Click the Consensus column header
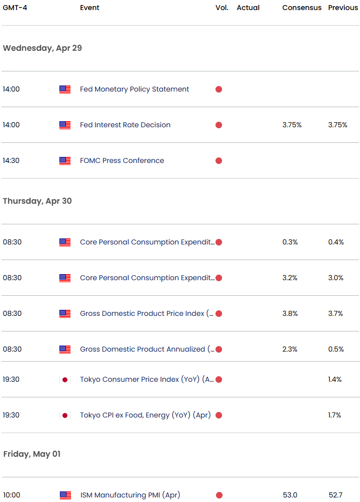[302, 8]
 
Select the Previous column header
[343, 8]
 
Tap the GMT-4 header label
[15, 8]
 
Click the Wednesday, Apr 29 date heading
[42, 48]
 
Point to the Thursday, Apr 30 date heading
[37, 201]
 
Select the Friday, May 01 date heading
[32, 454]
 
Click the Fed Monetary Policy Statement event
[134, 89]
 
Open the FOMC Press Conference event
[122, 160]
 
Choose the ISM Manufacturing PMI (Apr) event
[130, 495]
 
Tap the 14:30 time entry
[11, 160]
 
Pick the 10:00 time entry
[11, 495]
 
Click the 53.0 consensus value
[290, 495]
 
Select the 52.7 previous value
[335, 495]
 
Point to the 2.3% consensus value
[290, 349]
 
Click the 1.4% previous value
[335, 379]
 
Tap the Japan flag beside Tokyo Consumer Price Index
[64, 380]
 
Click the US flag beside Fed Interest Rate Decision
[64, 125]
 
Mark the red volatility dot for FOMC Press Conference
[219, 161]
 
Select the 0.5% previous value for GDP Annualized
[336, 349]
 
